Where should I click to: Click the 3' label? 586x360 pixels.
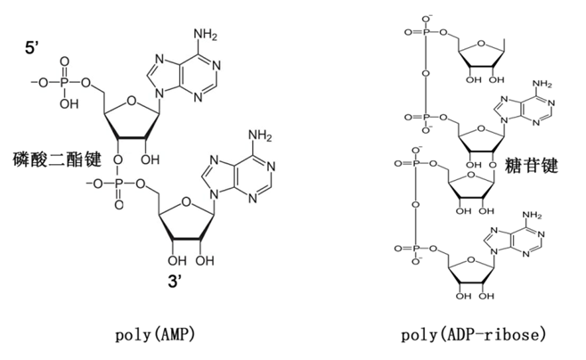[x=175, y=281]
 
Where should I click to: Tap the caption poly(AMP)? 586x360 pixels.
[x=155, y=334]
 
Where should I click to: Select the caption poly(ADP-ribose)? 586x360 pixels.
[x=473, y=334]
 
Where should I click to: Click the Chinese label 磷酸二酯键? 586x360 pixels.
[x=57, y=160]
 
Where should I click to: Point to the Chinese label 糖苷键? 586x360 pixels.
[x=532, y=165]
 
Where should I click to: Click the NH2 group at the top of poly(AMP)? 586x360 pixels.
[x=205, y=35]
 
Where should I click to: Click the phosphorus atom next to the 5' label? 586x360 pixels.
[x=64, y=83]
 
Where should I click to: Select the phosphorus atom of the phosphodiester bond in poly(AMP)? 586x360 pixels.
[x=118, y=184]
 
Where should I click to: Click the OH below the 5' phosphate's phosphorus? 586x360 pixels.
[x=69, y=103]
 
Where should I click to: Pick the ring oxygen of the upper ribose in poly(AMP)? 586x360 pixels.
[x=131, y=101]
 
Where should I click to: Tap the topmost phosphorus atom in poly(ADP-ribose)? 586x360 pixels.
[x=426, y=32]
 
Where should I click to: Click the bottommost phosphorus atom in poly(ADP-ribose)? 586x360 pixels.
[x=416, y=249]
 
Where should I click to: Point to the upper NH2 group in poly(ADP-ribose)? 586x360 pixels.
[x=541, y=84]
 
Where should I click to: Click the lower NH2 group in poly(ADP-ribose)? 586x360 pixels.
[x=532, y=216]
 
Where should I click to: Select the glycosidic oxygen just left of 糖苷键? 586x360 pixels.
[x=493, y=165]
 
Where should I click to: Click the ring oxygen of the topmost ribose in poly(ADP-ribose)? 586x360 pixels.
[x=481, y=44]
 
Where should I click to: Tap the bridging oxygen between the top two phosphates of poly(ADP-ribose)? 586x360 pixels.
[x=426, y=72]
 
